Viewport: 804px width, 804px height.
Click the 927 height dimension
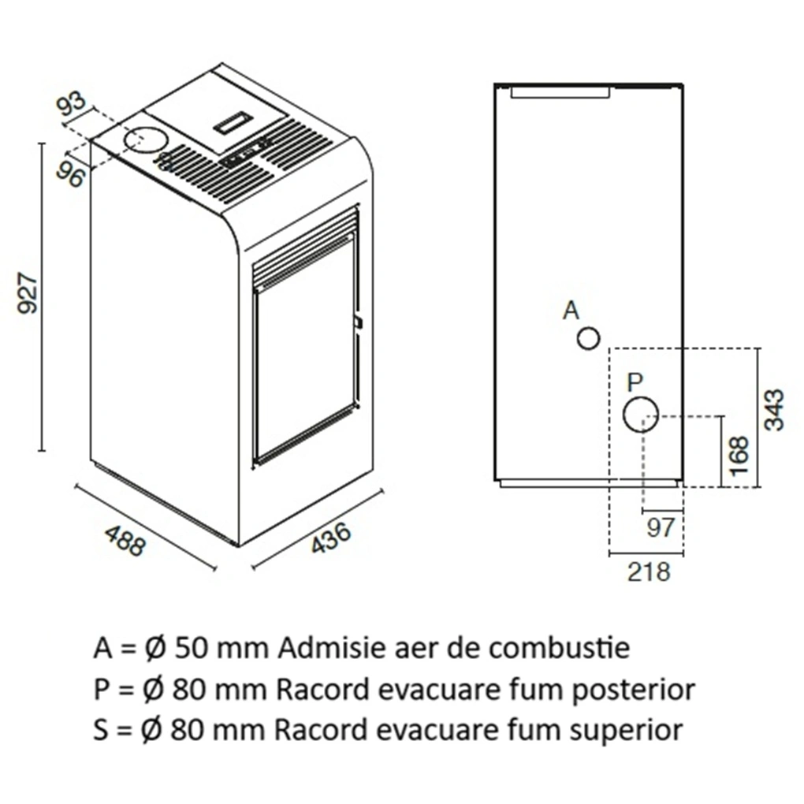point(28,293)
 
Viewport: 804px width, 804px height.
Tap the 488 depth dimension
point(125,540)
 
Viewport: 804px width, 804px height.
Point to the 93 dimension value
point(73,106)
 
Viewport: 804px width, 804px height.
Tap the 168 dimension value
point(739,455)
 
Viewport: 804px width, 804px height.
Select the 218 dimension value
point(648,571)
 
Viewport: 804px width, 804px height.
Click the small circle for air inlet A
point(588,339)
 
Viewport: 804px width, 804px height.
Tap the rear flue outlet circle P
point(641,415)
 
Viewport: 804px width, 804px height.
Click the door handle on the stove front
point(358,322)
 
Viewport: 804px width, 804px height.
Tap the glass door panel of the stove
point(304,355)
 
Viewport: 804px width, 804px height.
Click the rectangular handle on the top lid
point(233,122)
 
